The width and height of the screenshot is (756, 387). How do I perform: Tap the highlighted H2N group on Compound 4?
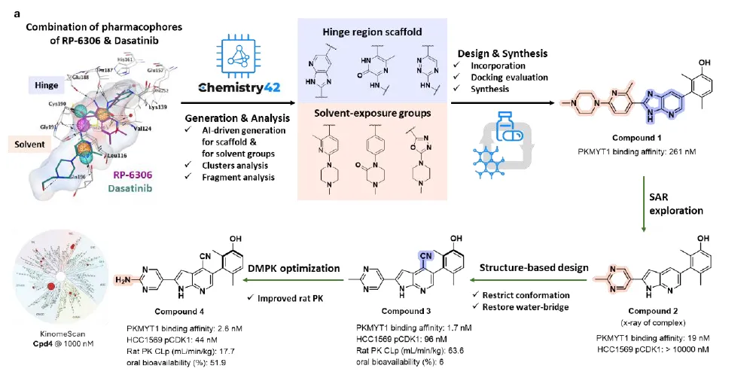point(122,279)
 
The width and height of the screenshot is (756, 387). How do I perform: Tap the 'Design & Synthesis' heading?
point(502,53)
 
